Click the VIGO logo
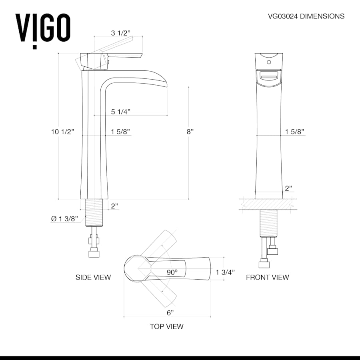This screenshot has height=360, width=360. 43,28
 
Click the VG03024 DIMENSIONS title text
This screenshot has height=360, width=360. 306,16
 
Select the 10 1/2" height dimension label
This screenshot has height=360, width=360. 63,132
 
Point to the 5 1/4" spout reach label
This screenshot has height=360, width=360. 121,112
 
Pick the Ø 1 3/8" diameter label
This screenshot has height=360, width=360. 67,218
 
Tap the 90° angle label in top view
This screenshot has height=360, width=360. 172,272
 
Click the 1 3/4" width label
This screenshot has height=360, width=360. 225,272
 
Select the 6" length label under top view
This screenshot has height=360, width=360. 170,312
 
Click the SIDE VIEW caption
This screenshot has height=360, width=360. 93,277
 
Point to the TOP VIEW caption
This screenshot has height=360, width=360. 166,326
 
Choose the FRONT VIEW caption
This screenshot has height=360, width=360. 267,277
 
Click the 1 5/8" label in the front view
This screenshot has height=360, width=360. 295,132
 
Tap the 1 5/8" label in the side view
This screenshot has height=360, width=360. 120,132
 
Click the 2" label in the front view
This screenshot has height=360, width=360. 288,188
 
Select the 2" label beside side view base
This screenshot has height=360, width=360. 114,206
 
